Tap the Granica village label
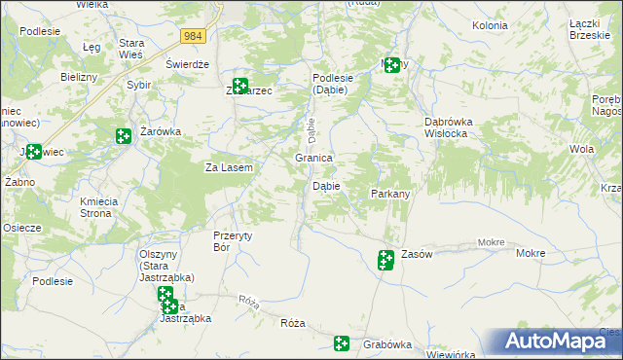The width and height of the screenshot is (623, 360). click(314, 158)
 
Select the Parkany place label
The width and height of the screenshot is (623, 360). click(390, 194)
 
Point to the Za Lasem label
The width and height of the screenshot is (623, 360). click(229, 167)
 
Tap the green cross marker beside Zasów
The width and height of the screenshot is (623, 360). click(385, 259)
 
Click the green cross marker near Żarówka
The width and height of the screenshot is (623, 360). click(123, 137)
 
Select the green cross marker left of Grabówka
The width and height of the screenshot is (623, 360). click(342, 342)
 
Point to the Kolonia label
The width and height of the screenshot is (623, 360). click(490, 25)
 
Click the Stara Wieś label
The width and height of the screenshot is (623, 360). click(131, 49)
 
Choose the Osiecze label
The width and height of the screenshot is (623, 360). click(21, 228)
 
